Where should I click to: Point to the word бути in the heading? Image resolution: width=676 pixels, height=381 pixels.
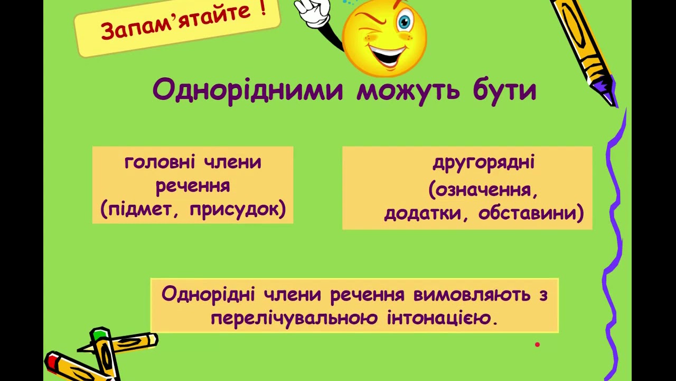coord(504,90)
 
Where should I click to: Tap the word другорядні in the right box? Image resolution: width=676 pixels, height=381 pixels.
coord(484,162)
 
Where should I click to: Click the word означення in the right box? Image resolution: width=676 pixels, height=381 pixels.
coord(483,190)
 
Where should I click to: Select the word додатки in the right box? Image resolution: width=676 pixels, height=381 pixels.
coord(422,213)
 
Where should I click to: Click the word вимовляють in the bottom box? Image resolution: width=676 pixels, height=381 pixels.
coord(472,295)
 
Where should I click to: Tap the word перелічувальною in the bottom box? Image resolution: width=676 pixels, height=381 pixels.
coord(294,318)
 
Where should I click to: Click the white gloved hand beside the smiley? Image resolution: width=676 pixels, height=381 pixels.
coord(312,13)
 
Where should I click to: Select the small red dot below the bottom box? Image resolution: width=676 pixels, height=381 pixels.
coord(537,344)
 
